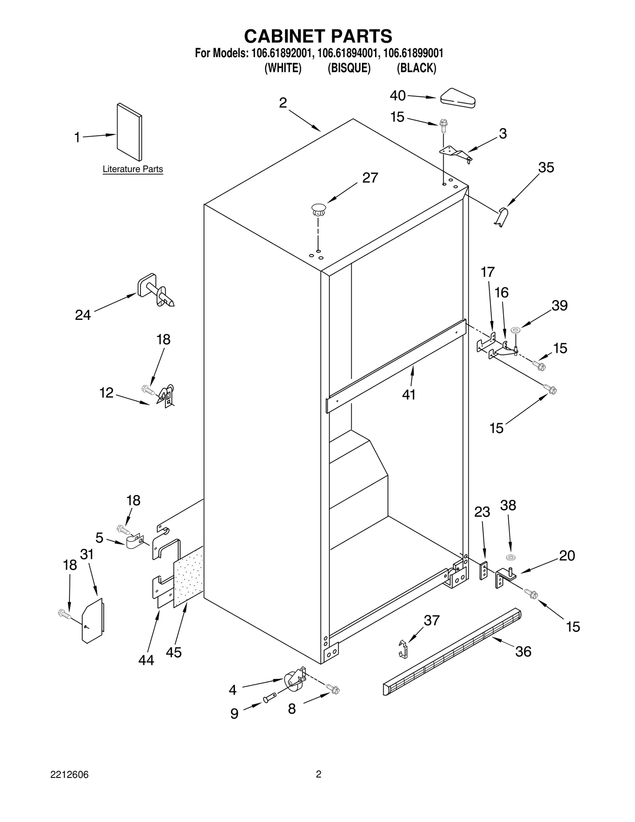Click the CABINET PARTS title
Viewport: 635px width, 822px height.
318,36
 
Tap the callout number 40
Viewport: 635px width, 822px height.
397,96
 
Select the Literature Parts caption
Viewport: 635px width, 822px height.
133,169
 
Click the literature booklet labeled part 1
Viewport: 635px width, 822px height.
129,132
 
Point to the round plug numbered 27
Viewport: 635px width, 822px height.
318,209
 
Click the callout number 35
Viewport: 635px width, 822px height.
546,167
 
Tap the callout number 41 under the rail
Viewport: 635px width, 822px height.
409,394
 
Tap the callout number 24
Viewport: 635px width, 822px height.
83,315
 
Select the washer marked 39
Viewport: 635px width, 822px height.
516,329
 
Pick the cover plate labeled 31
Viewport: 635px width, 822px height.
92,620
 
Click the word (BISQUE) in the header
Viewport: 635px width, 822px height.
349,68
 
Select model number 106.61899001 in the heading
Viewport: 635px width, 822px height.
413,53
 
